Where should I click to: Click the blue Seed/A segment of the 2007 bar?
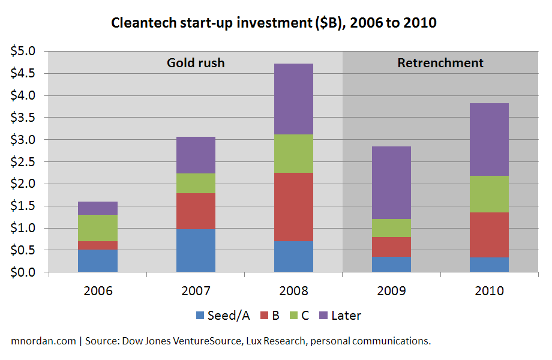tap(196, 250)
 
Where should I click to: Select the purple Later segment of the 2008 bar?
tap(293, 99)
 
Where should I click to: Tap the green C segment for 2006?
tap(98, 228)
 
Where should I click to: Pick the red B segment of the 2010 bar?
tap(489, 235)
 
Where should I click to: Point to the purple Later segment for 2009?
tap(391, 182)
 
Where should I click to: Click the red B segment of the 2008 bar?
tap(293, 207)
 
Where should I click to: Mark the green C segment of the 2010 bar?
tap(489, 194)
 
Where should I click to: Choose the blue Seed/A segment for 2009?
tap(391, 264)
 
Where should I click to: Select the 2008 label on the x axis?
tap(293, 291)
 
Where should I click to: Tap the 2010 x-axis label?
tap(489, 291)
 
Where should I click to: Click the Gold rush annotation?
tap(196, 63)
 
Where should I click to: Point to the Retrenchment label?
tap(440, 63)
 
